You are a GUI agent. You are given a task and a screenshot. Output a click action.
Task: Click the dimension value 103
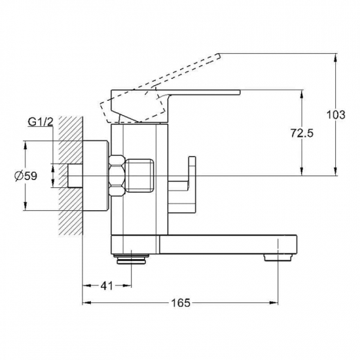pyautogui.click(x=336, y=115)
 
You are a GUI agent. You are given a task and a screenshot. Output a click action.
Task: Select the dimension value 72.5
pyautogui.click(x=302, y=133)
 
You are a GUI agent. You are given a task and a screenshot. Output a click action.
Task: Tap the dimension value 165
pyautogui.click(x=181, y=303)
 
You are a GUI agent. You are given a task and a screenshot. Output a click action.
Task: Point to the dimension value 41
pyautogui.click(x=107, y=286)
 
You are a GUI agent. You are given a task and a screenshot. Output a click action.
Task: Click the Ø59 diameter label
pyautogui.click(x=26, y=176)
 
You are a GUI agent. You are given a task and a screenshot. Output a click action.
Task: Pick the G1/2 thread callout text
pyautogui.click(x=41, y=122)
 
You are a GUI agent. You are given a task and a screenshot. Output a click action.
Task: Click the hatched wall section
pyautogui.click(x=71, y=176)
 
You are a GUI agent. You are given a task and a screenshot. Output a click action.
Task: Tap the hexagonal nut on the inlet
pyautogui.click(x=117, y=176)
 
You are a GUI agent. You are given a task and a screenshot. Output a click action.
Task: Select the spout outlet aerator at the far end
pyautogui.click(x=278, y=257)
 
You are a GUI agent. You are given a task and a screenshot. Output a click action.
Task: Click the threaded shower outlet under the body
pyautogui.click(x=132, y=259)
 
